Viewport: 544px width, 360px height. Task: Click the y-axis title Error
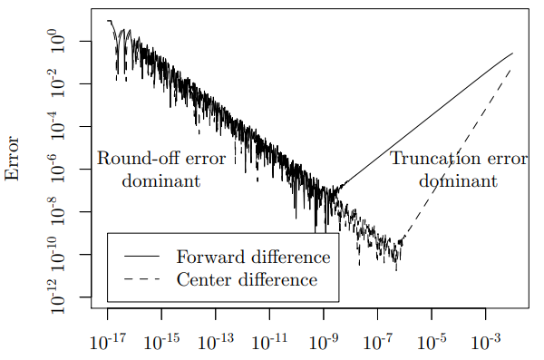tap(12, 159)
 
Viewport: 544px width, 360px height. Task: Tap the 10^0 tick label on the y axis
tap(58, 42)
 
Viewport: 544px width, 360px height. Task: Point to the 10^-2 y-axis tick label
tap(58, 83)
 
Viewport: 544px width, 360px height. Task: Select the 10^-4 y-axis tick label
tap(58, 126)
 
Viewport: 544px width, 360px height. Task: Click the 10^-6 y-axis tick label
tap(58, 169)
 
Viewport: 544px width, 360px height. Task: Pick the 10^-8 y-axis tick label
tap(58, 212)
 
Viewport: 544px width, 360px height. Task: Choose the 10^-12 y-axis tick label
tap(58, 296)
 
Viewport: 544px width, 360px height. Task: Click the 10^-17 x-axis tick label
tap(108, 342)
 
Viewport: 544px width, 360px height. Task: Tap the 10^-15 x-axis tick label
tap(161, 342)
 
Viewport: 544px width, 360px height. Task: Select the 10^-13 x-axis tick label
tap(216, 342)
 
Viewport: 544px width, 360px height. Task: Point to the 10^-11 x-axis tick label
tap(269, 342)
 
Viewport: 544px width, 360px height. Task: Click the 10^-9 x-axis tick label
tap(324, 342)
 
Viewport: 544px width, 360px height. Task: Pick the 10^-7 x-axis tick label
tap(377, 342)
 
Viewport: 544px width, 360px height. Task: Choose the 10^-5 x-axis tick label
tap(432, 342)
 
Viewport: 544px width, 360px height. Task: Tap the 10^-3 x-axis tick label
tap(486, 342)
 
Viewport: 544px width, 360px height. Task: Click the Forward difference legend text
tap(253, 257)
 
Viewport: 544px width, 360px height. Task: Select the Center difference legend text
tap(247, 279)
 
